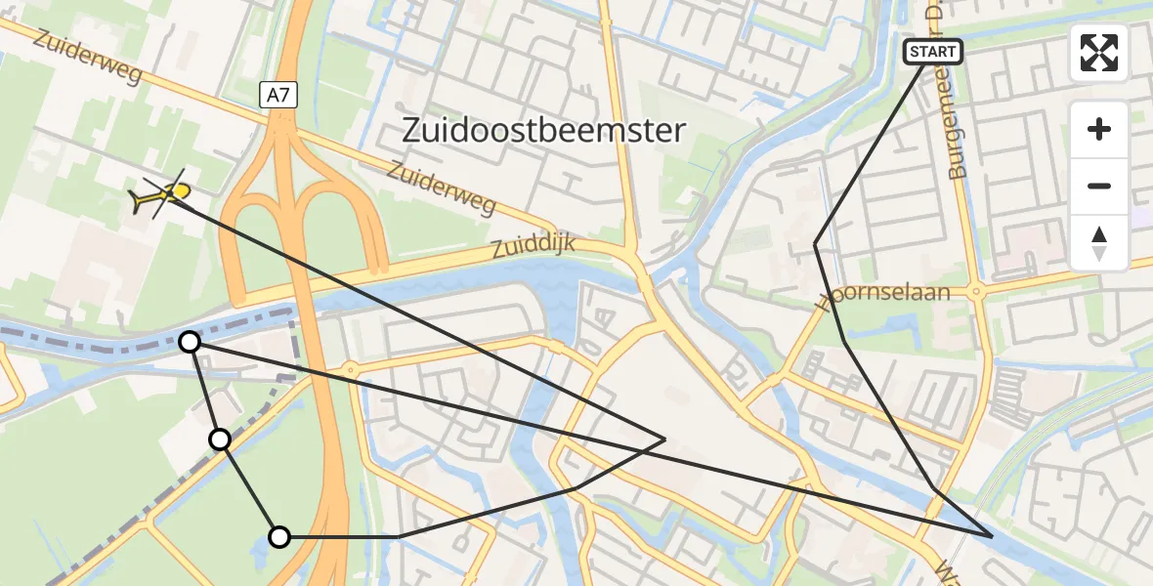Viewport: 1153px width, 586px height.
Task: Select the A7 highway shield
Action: coord(278,95)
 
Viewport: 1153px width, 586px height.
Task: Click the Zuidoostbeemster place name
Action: coord(545,130)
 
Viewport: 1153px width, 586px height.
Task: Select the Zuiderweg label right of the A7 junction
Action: coord(442,188)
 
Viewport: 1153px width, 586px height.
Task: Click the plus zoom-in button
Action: coord(1099,129)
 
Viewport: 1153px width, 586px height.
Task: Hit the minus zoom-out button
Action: coord(1099,186)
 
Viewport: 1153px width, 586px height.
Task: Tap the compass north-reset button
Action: coord(1099,242)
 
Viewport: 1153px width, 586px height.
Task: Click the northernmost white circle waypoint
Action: coord(191,342)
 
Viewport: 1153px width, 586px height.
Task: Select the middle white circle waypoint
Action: coord(221,439)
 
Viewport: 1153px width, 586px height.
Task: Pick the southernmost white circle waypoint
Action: coord(279,536)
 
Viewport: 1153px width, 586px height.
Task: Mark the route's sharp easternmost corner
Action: coord(993,536)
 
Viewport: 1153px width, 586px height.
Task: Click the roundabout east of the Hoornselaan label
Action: coord(975,291)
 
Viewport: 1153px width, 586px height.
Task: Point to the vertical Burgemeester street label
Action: coord(959,117)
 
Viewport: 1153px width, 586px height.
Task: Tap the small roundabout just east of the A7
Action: coord(350,369)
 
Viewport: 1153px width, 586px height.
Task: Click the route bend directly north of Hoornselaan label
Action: coord(815,243)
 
